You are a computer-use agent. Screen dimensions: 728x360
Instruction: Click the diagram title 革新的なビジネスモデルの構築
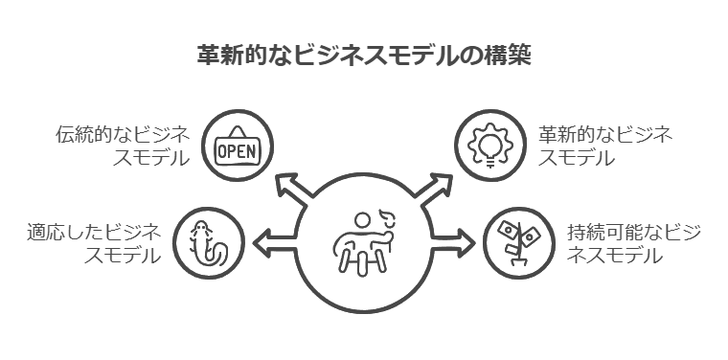[x=363, y=56]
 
